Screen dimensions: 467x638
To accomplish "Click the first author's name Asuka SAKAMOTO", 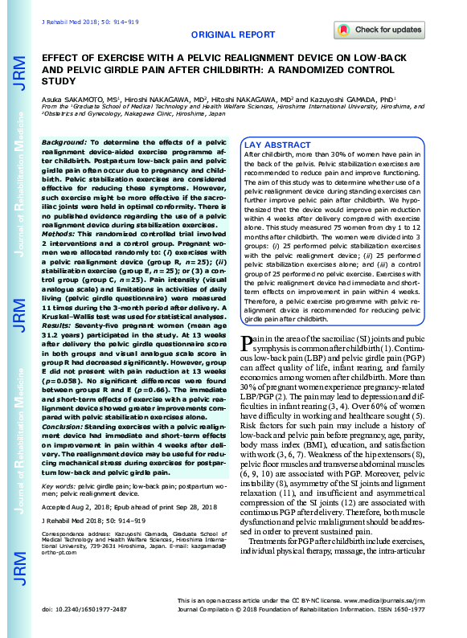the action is (72, 98).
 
